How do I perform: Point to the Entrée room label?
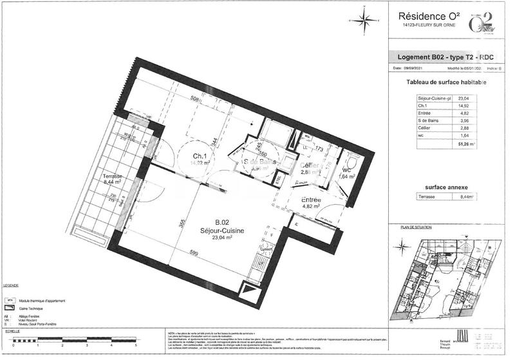click(x=312, y=200)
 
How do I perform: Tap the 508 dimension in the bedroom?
click(x=194, y=99)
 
